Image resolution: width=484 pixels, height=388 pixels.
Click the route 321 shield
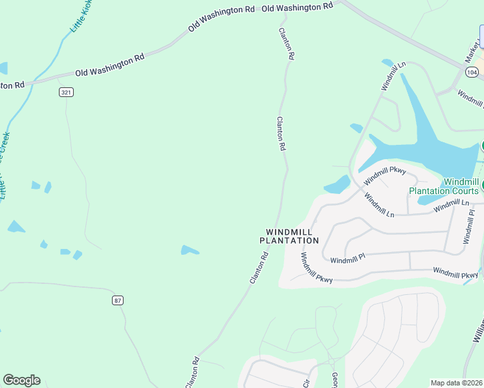coord(66,92)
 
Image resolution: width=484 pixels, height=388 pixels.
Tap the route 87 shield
coord(117,300)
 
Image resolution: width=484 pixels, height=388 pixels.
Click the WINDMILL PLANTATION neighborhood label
coord(289,236)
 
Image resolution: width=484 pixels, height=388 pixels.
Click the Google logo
coord(21,380)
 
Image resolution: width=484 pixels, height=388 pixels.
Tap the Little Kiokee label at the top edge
coord(82,16)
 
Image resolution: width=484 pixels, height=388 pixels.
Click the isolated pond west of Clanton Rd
coord(190,250)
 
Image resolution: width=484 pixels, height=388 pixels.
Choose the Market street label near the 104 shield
coord(470,54)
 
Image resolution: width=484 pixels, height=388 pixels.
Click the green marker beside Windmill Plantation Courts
coord(481,187)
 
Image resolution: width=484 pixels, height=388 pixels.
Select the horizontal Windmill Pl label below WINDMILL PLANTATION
coord(347,260)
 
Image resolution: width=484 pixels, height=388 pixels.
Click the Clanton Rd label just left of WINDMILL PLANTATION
coord(259,267)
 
